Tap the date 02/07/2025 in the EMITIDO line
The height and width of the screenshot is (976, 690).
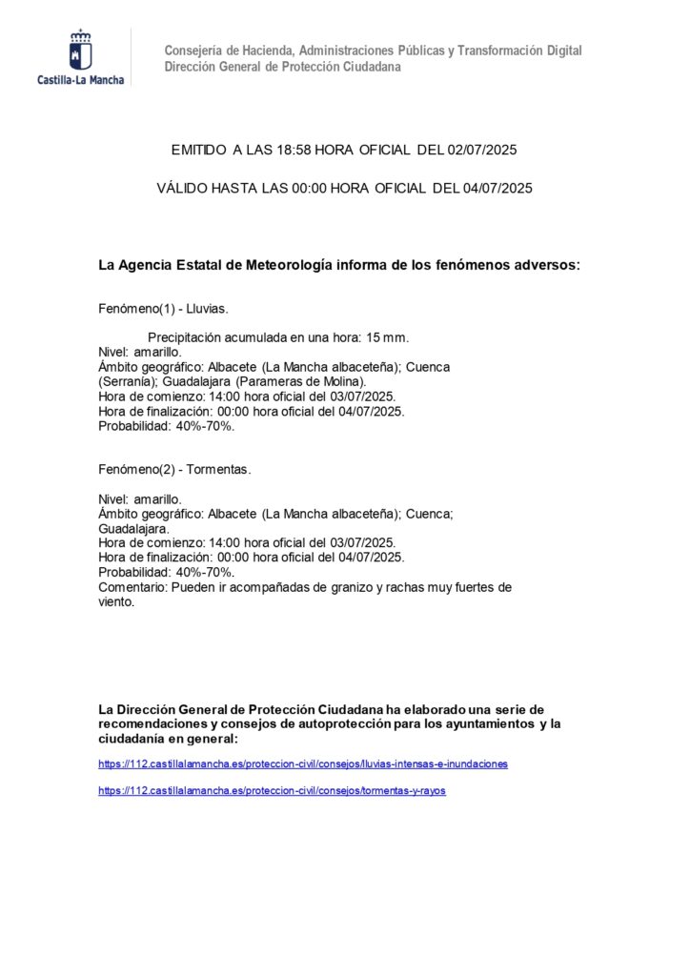coord(482,151)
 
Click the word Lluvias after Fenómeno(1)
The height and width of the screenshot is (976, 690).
coord(208,311)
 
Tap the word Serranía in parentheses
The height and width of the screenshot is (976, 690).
coord(125,381)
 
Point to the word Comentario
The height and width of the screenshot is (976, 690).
coord(132,587)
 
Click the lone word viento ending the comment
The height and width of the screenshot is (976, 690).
coord(116,602)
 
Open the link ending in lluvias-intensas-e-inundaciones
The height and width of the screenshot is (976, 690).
coord(303,763)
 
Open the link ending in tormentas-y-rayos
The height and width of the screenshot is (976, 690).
coord(272,791)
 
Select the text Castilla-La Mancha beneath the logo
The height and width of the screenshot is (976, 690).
coord(80,80)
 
